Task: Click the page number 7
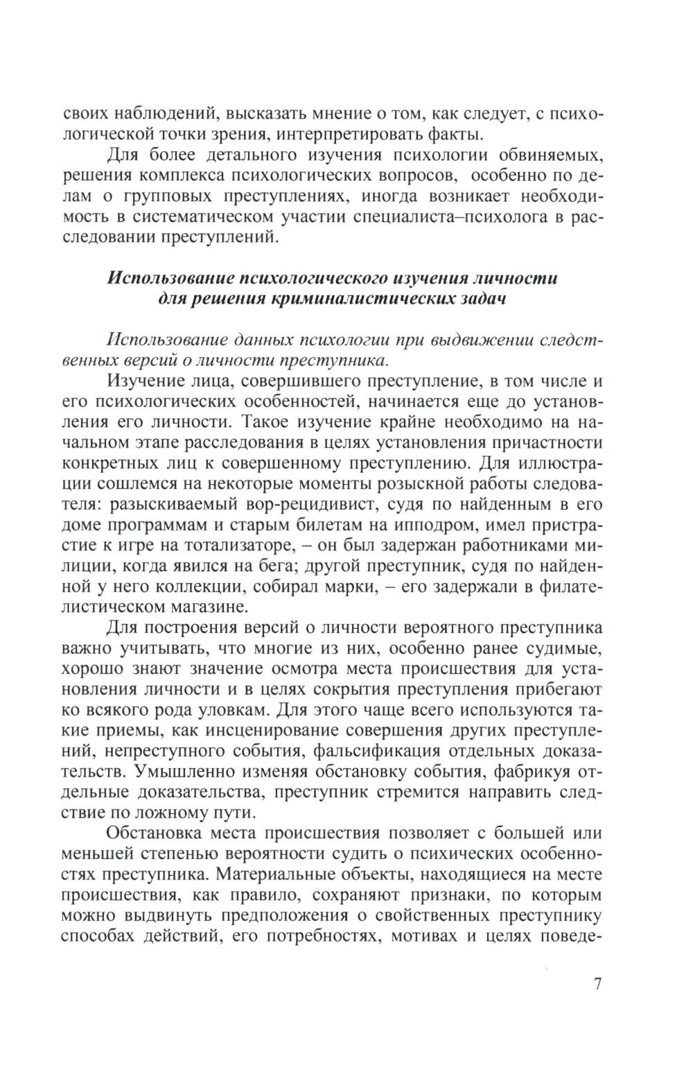(599, 985)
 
